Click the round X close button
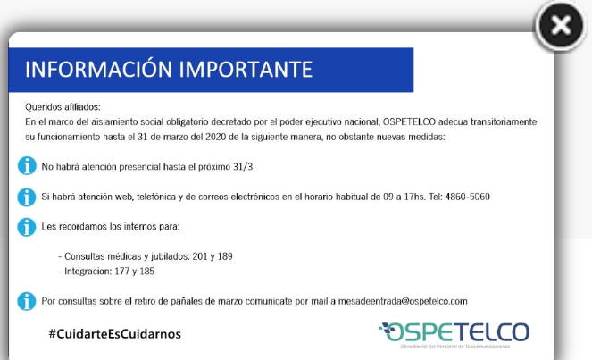pos(561,26)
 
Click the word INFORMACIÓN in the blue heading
pos(99,69)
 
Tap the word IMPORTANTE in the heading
pos(246,69)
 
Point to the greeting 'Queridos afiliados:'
pos(63,107)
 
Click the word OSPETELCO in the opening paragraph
pos(409,121)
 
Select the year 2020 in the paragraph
pos(215,137)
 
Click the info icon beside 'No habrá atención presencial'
pos(27,166)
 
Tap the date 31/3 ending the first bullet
pos(243,166)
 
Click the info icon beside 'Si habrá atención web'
pos(27,197)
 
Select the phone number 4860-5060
pos(467,197)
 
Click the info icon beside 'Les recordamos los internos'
pos(27,227)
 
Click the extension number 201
pos(200,256)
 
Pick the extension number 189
pos(225,256)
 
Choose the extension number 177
pos(122,272)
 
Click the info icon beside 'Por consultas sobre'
pos(27,301)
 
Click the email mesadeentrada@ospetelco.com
pos(403,301)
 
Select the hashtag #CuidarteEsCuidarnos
pos(115,333)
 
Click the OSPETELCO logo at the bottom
pos(454,335)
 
